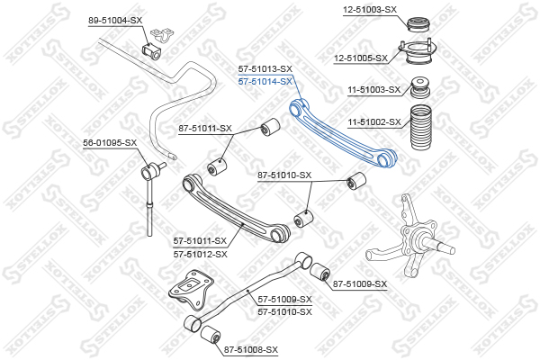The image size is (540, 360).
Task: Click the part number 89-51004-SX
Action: tap(114, 20)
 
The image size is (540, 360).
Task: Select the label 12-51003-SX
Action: tap(370, 9)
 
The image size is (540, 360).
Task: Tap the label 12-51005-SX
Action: tap(360, 58)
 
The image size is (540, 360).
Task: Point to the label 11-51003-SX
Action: tap(373, 90)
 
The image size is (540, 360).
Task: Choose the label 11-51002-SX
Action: tap(373, 121)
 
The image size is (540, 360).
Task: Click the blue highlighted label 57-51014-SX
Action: tap(265, 81)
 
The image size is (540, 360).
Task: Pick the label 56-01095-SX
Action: tap(110, 142)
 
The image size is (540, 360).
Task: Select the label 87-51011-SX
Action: tap(205, 129)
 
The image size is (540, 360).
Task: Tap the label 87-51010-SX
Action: tap(284, 175)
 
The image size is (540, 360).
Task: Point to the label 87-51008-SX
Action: tap(251, 349)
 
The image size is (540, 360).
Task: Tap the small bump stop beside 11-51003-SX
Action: tap(418, 89)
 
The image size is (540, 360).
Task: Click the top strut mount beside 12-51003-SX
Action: tap(418, 23)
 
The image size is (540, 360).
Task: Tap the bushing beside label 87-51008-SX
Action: tap(209, 336)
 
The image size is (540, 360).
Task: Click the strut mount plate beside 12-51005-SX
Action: tap(416, 54)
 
